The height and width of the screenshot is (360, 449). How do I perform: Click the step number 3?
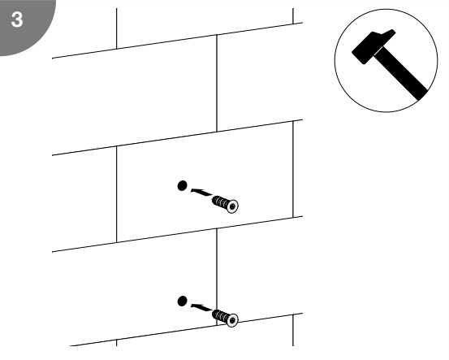pyautogui.click(x=17, y=20)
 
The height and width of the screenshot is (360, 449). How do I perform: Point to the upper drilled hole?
pyautogui.click(x=182, y=186)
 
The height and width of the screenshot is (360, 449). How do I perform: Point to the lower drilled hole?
pyautogui.click(x=182, y=301)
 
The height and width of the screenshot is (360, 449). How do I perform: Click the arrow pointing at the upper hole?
pyautogui.click(x=201, y=193)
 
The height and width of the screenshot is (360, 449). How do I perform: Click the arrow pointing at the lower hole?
pyautogui.click(x=201, y=307)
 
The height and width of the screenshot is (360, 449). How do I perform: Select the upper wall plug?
pyautogui.click(x=225, y=204)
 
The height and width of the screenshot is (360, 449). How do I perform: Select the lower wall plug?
pyautogui.click(x=225, y=318)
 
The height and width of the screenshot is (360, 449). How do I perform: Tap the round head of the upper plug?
pyautogui.click(x=232, y=206)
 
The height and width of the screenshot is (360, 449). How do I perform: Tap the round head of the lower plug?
pyautogui.click(x=232, y=320)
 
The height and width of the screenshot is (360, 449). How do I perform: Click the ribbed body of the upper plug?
pyautogui.click(x=220, y=202)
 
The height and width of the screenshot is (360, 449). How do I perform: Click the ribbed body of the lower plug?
pyautogui.click(x=220, y=315)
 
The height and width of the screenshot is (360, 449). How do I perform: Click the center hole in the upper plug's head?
pyautogui.click(x=232, y=206)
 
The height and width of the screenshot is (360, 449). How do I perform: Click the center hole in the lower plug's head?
pyautogui.click(x=232, y=320)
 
